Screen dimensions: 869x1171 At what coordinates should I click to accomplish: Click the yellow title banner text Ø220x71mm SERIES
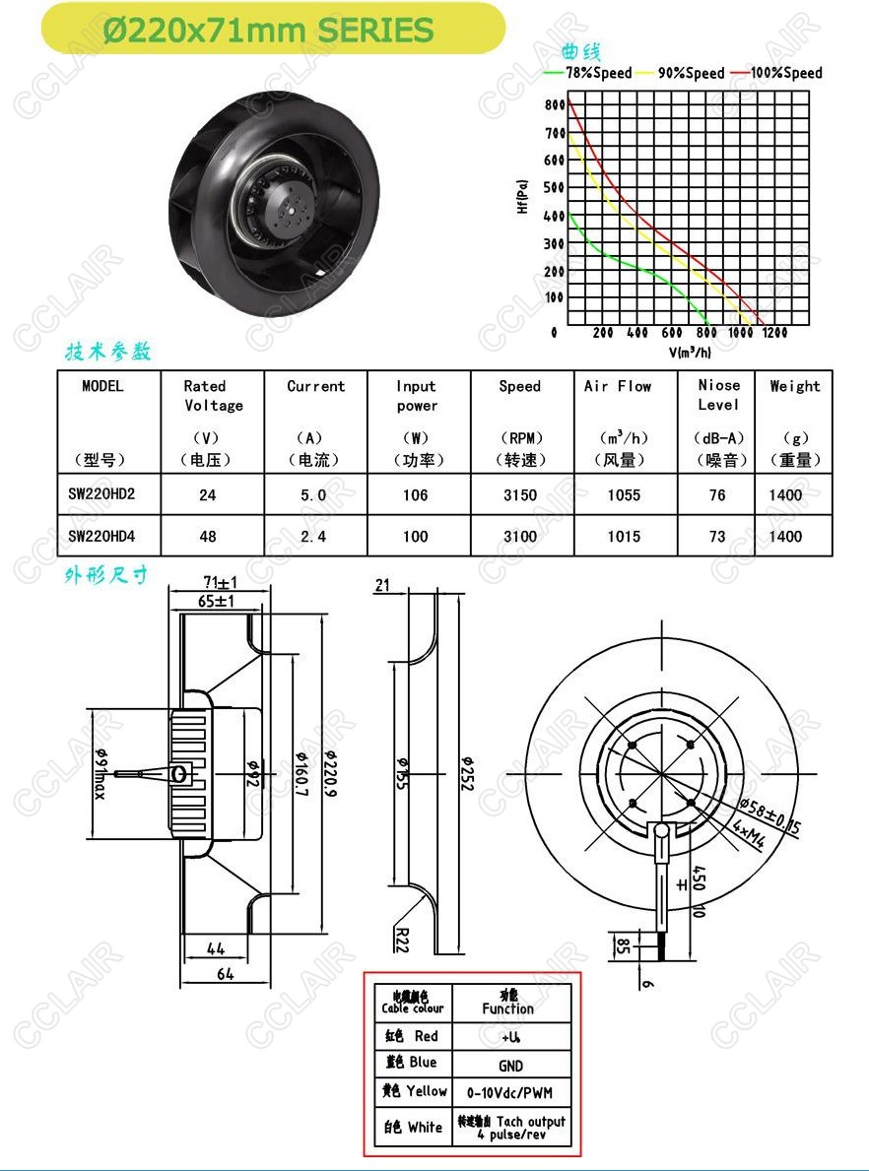pos(268,31)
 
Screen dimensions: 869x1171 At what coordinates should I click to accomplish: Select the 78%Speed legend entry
pos(589,73)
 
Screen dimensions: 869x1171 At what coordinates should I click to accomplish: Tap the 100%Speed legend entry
pos(777,73)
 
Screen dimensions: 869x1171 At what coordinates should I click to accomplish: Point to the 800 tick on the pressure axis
pos(555,105)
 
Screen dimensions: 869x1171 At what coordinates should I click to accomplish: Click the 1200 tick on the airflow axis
pos(774,333)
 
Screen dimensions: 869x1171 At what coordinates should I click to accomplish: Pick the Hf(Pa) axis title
pos(522,196)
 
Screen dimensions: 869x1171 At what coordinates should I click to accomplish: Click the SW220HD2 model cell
pos(101,493)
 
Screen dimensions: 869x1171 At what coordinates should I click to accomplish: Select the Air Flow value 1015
pos(624,536)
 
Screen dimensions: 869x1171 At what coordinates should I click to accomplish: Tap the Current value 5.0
pos(313,495)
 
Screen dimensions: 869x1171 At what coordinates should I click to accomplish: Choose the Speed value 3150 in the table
pos(520,495)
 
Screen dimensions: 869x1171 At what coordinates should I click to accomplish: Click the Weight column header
pos(795,387)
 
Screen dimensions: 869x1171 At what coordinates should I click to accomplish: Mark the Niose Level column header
pos(719,395)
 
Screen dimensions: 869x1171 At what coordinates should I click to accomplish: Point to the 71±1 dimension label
pos(221,582)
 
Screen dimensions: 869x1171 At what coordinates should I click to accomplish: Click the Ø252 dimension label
pos(467,773)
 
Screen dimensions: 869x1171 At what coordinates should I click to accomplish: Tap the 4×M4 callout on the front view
pos(750,836)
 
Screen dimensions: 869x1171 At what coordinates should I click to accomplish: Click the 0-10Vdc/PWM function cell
pos(510,1092)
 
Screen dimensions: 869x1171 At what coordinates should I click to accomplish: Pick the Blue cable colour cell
pos(413,1062)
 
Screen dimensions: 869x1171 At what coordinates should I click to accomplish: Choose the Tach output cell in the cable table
pos(511,1127)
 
